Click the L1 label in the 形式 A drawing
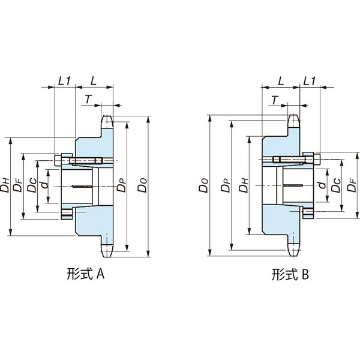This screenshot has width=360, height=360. pos(65,80)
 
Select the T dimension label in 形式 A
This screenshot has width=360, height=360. pos(88,99)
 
